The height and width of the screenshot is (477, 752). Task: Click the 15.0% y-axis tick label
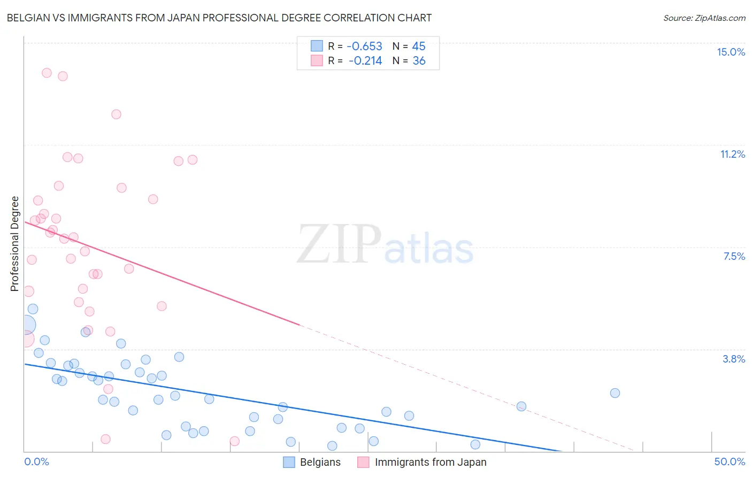tap(731, 52)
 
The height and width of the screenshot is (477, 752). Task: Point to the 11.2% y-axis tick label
tap(732, 154)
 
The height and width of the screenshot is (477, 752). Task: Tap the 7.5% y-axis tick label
tap(734, 256)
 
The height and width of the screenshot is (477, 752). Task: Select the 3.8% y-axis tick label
tap(734, 359)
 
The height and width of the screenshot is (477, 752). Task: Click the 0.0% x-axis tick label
tap(36, 461)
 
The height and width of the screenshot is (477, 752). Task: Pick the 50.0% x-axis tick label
tap(730, 461)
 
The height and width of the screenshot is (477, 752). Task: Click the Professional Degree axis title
tap(14, 244)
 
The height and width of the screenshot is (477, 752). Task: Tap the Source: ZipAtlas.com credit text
tap(704, 18)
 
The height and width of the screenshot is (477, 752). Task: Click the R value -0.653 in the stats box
tap(364, 47)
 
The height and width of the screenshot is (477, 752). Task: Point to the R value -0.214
tap(365, 61)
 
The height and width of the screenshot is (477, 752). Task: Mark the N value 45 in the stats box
tap(419, 47)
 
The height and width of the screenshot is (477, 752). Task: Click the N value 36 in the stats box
tap(419, 61)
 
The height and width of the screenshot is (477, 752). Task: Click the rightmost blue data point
tap(615, 393)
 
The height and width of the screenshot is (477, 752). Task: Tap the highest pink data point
tap(47, 73)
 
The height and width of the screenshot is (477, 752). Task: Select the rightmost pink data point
tap(234, 441)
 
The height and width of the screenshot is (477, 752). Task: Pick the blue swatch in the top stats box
tap(317, 46)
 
